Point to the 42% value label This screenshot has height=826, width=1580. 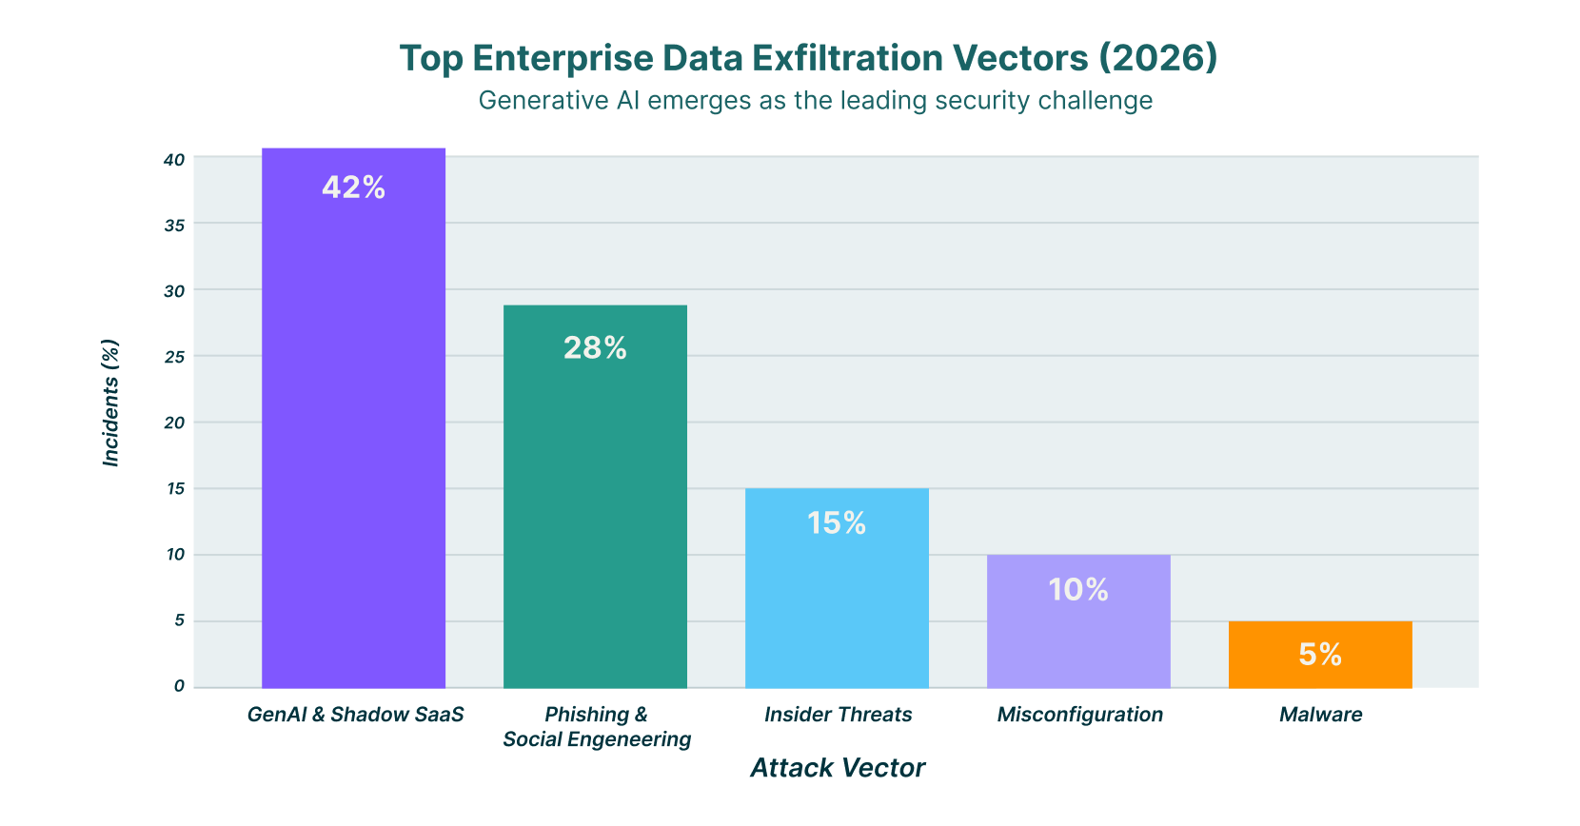tap(353, 187)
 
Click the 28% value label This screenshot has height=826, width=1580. tap(595, 348)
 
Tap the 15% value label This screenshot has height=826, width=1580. tap(837, 523)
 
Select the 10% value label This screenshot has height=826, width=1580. tap(1078, 590)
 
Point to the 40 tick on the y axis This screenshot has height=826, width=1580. tap(174, 160)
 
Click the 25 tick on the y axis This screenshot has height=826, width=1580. tap(174, 357)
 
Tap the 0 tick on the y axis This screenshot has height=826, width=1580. tap(179, 685)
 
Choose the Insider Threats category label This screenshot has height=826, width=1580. tap(838, 715)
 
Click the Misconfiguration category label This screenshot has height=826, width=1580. tap(1079, 715)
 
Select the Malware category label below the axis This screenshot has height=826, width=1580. tap(1320, 715)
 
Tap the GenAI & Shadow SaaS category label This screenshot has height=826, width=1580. tap(355, 715)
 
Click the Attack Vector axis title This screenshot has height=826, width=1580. tap(838, 768)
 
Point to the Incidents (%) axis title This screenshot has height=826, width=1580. tap(111, 403)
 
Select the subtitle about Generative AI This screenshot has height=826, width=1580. tap(815, 100)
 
